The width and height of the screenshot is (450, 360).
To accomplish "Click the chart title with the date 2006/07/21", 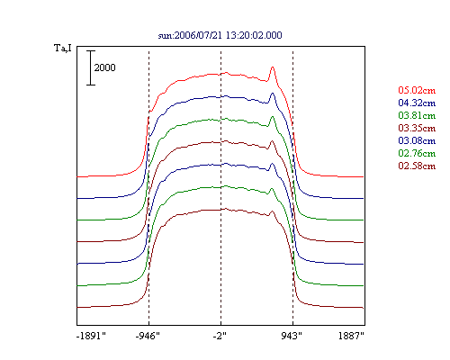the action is [220, 35].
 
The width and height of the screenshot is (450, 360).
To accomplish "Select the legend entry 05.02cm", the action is [417, 90].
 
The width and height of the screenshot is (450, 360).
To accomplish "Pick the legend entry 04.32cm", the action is [417, 103].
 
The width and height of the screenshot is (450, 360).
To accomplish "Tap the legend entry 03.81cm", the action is [417, 115].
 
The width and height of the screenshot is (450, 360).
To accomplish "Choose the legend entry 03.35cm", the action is [417, 128].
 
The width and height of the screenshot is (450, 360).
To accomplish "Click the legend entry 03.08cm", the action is [417, 140].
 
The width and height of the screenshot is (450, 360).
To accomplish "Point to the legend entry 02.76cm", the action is [417, 153].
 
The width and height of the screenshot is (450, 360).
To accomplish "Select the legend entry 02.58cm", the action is [417, 166].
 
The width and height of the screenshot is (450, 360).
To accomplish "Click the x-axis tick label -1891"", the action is [91, 336].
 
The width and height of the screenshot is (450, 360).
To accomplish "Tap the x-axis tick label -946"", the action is [148, 336].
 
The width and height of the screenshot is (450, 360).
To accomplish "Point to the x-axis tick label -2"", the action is [220, 336].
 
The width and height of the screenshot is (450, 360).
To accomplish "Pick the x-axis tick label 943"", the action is [292, 336].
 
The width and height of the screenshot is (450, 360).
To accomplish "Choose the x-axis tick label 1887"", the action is [351, 336].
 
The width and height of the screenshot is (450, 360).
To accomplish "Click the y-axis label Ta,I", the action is [63, 48].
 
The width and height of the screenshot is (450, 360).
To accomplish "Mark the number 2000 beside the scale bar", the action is [104, 67].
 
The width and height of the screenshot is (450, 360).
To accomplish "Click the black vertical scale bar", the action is [91, 67].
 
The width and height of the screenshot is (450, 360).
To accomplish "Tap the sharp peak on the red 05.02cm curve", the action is [273, 67].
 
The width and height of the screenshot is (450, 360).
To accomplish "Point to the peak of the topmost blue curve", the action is [273, 94].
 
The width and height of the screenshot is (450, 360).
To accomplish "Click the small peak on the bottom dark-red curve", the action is [272, 211].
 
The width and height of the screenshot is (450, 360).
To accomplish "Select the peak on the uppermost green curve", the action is [273, 117].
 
